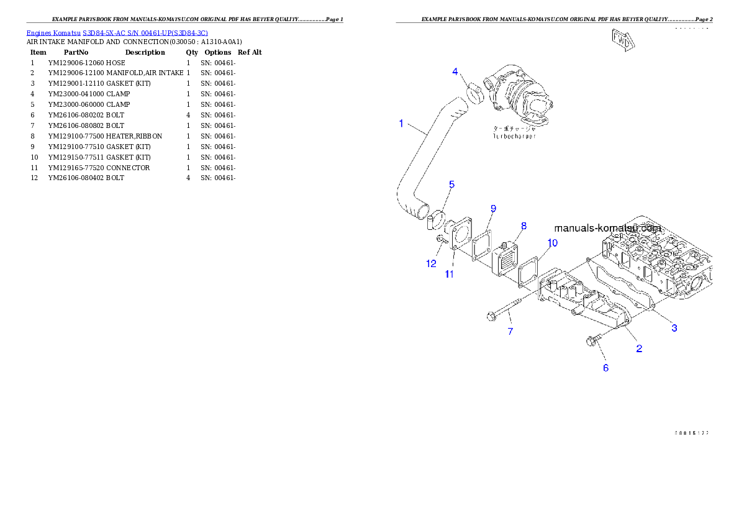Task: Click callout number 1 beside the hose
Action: pos(401,124)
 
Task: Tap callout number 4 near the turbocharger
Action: pos(455,72)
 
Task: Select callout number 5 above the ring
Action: pos(451,184)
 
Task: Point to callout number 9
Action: pos(493,207)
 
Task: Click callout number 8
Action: pos(524,225)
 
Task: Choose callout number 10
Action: pos(552,242)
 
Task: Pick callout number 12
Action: pos(431,263)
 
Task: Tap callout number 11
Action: pos(449,273)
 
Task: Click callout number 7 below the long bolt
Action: pos(510,332)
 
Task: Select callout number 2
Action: pos(638,348)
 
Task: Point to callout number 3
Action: pos(674,327)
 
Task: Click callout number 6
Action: pos(606,368)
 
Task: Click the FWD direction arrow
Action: pos(622,40)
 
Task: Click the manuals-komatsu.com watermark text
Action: pos(607,228)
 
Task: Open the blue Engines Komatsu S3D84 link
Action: pos(117,32)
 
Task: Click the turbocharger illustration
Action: pos(519,96)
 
